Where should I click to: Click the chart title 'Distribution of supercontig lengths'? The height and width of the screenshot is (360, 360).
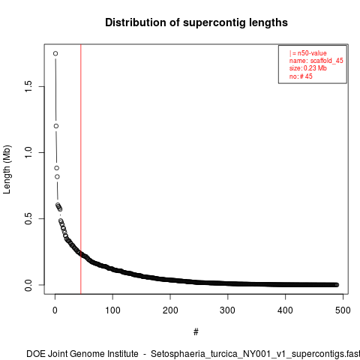pyautogui.click(x=196, y=22)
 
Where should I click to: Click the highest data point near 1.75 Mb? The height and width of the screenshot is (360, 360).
pyautogui.click(x=55, y=53)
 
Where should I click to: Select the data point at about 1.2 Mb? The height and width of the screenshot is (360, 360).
pyautogui.click(x=56, y=126)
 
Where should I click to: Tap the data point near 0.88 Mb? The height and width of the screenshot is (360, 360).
pyautogui.click(x=57, y=168)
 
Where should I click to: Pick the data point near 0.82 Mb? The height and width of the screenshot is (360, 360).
pyautogui.click(x=57, y=177)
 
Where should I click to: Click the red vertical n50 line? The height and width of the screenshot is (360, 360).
pyautogui.click(x=81, y=169)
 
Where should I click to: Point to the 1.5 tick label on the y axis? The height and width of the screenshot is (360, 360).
pyautogui.click(x=28, y=86)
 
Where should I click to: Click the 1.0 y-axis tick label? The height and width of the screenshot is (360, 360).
pyautogui.click(x=28, y=152)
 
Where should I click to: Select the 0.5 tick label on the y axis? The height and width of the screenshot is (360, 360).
pyautogui.click(x=28, y=218)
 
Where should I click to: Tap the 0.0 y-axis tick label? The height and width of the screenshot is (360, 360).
pyautogui.click(x=28, y=285)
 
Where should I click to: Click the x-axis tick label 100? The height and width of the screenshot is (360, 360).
pyautogui.click(x=112, y=310)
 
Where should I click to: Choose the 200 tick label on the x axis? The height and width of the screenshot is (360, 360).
pyautogui.click(x=170, y=310)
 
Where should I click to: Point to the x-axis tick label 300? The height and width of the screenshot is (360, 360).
pyautogui.click(x=228, y=310)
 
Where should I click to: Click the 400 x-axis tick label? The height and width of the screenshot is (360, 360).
pyautogui.click(x=285, y=310)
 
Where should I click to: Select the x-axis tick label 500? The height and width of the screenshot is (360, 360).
pyautogui.click(x=343, y=310)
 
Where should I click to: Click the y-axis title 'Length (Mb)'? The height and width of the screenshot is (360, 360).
pyautogui.click(x=7, y=169)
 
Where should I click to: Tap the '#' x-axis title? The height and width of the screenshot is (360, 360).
pyautogui.click(x=196, y=332)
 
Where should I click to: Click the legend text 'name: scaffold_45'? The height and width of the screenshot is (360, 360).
pyautogui.click(x=316, y=61)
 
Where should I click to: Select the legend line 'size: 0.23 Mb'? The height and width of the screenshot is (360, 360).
pyautogui.click(x=308, y=68)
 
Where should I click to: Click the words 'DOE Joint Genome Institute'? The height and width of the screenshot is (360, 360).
pyautogui.click(x=82, y=354)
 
